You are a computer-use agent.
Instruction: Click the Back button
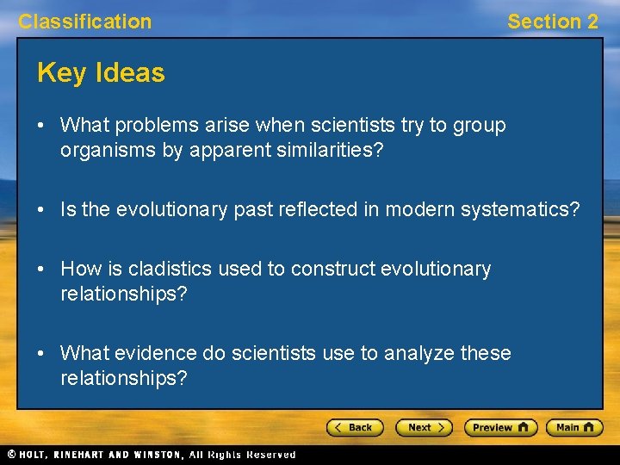(x=354, y=427)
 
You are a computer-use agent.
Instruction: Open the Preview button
(x=500, y=427)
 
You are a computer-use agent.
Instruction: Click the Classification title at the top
(x=84, y=22)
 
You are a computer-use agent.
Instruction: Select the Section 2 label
(x=552, y=22)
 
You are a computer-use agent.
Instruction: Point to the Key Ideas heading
(x=101, y=73)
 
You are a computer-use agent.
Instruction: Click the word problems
(x=159, y=125)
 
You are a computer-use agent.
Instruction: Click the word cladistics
(x=172, y=269)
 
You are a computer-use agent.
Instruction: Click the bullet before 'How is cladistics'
(x=42, y=269)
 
